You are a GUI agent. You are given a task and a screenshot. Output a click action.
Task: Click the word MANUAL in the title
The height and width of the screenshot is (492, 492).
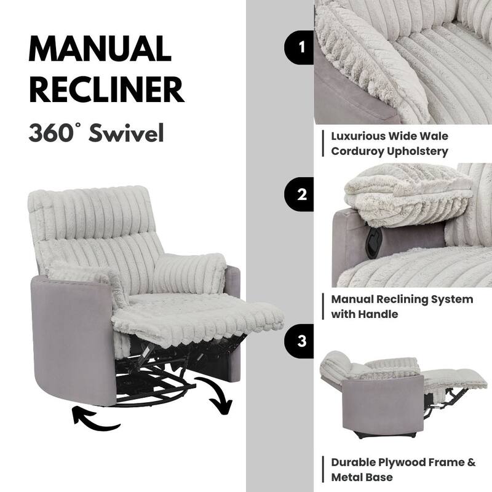point(100,48)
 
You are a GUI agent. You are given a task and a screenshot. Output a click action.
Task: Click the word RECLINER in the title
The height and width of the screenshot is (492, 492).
point(107,89)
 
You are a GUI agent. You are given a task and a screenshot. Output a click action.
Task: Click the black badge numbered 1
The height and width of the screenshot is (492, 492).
point(300,47)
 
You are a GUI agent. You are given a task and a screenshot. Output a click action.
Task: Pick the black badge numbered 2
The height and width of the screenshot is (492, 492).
point(300,195)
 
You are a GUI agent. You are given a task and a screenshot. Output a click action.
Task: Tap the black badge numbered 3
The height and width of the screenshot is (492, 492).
point(300,341)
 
